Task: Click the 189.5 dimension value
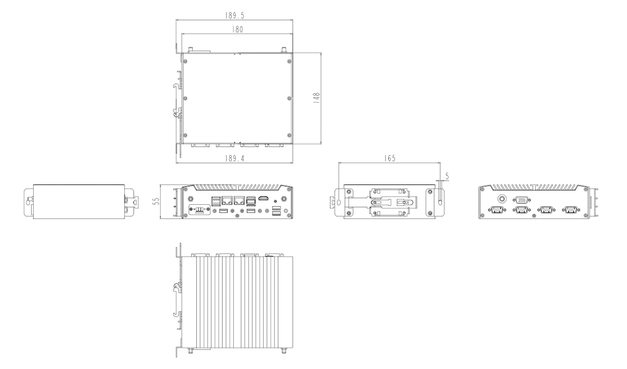235,15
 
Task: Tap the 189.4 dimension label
235,158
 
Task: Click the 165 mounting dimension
390,158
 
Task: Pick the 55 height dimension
156,202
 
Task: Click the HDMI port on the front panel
264,198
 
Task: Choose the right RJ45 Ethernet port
239,200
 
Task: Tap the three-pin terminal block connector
200,210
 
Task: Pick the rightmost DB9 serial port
571,210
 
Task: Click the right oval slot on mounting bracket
440,202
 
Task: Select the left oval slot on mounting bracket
340,202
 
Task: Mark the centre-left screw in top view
185,98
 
